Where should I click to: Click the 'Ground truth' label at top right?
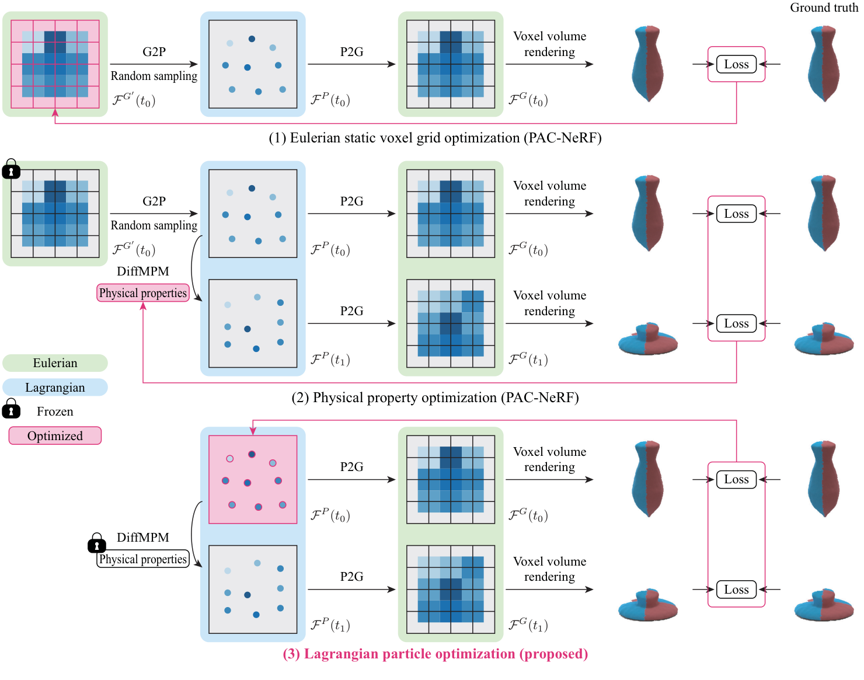824,8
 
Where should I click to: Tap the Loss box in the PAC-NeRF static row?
736,64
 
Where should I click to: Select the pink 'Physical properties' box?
143,293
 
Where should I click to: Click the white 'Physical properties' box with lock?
143,559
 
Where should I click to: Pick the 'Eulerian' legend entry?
55,363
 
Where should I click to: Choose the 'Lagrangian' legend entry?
55,388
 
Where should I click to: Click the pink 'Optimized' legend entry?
55,436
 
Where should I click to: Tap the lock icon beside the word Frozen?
11,410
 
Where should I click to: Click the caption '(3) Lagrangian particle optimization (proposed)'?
435,654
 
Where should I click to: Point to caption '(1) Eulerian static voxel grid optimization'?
435,138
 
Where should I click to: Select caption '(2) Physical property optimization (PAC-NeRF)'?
435,397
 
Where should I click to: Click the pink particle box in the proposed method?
253,479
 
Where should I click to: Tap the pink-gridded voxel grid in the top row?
55,64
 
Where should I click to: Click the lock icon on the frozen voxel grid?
11,169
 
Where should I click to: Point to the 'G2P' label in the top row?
154,52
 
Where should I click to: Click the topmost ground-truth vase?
824,64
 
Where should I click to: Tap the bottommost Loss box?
736,590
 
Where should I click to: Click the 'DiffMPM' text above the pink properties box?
143,271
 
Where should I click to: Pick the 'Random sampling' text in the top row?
154,76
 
